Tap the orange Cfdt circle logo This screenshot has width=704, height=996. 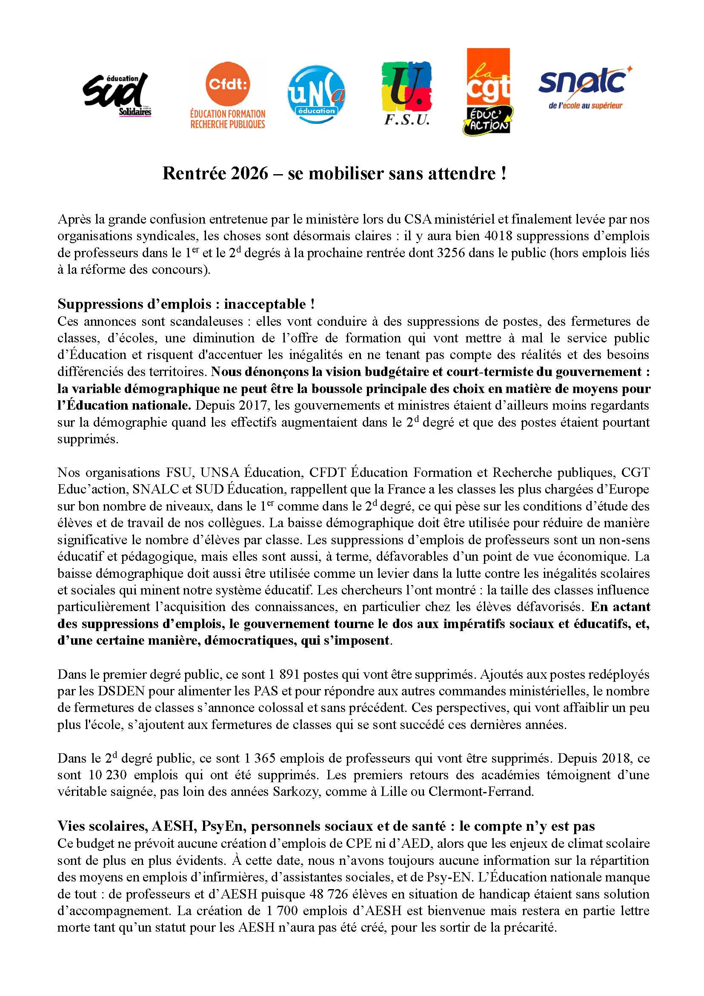point(228,84)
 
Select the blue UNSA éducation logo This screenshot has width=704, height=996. point(316,95)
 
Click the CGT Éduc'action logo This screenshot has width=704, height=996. point(488,92)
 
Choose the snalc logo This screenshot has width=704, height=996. point(585,87)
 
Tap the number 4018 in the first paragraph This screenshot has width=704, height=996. point(498,236)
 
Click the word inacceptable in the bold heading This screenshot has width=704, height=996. point(264,304)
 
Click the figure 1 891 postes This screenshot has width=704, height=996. point(284,675)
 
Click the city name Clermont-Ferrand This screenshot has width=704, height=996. point(481,792)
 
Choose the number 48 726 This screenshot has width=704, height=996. point(329,894)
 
